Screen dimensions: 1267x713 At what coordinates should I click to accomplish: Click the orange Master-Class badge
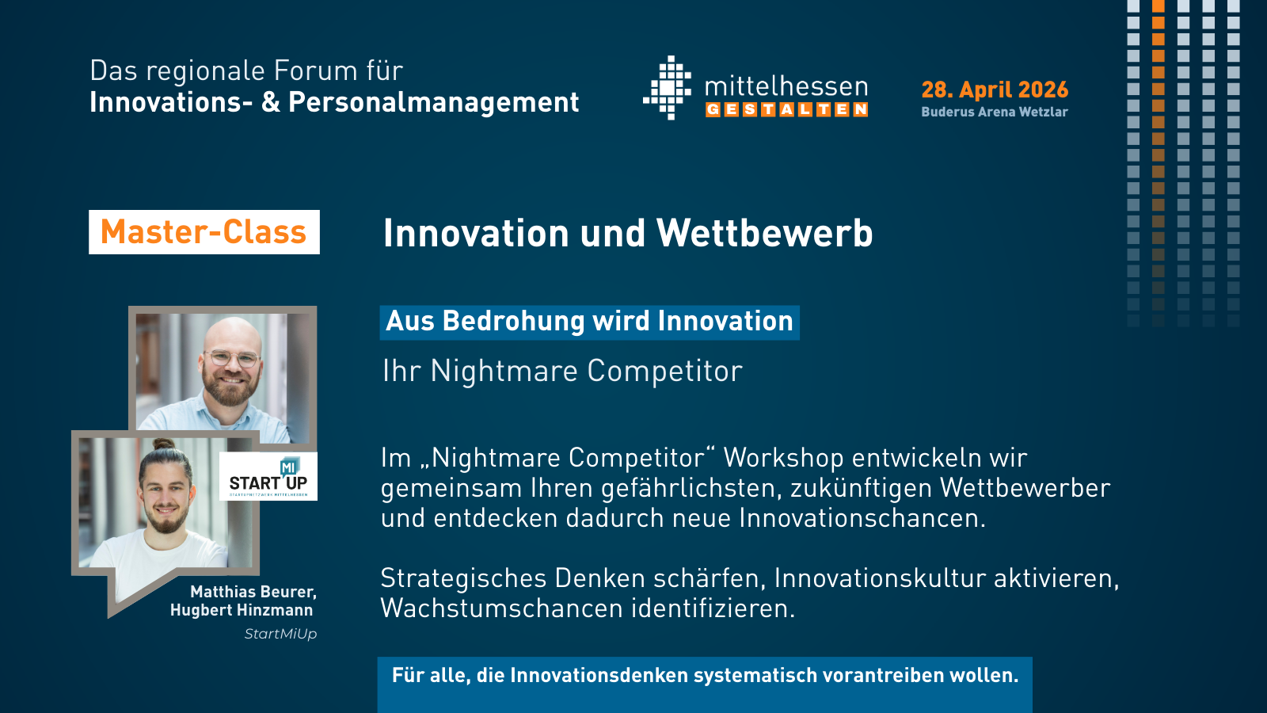(204, 232)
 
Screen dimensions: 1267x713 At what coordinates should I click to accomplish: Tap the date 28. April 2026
(995, 90)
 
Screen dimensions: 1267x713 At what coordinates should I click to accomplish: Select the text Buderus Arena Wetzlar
(995, 112)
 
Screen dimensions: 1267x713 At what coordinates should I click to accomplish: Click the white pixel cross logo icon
(668, 88)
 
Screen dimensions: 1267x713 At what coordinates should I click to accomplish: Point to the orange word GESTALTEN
(787, 110)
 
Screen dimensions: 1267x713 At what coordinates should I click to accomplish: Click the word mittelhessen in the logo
(786, 86)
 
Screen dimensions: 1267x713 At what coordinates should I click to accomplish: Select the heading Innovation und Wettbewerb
(628, 233)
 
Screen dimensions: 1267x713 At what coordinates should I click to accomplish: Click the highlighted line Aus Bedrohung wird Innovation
(589, 322)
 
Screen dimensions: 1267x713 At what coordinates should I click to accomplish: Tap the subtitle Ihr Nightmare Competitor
(562, 372)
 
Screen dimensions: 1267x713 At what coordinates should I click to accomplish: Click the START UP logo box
(268, 476)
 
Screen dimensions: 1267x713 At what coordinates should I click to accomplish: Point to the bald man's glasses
(233, 357)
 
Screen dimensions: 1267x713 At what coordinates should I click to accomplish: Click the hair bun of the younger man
(163, 444)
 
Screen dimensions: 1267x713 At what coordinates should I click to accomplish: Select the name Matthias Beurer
(253, 592)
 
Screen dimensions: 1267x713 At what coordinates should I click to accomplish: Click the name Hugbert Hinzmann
(242, 611)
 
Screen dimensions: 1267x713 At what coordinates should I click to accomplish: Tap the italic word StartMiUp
(280, 634)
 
